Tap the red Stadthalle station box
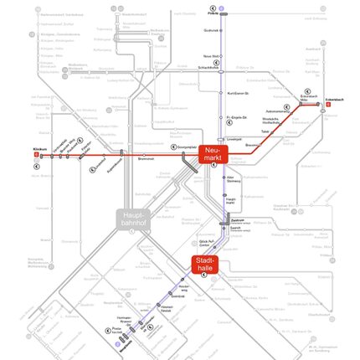point(206,265)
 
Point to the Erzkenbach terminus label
point(334,99)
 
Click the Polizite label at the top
point(213,14)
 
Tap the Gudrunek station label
point(211,31)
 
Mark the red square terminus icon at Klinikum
point(37,155)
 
